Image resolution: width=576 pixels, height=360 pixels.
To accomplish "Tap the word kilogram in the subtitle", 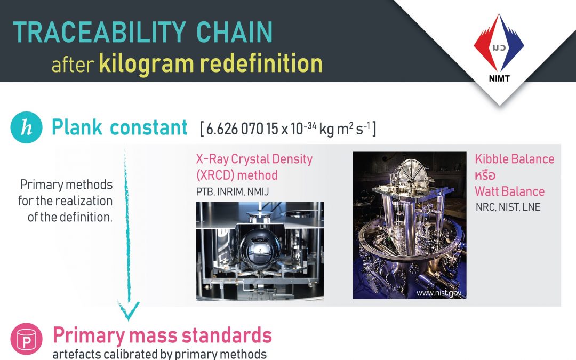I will click(145, 63).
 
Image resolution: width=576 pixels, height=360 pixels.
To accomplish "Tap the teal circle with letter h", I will click(26, 128).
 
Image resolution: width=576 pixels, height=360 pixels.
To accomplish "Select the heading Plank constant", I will click(119, 128).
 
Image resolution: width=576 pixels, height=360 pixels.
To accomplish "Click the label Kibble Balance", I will click(514, 159).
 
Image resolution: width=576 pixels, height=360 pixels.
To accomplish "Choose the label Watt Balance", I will click(509, 191).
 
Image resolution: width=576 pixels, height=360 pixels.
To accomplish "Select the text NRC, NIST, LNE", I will click(507, 206).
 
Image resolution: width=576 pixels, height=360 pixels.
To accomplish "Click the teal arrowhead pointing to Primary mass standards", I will click(128, 312).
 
